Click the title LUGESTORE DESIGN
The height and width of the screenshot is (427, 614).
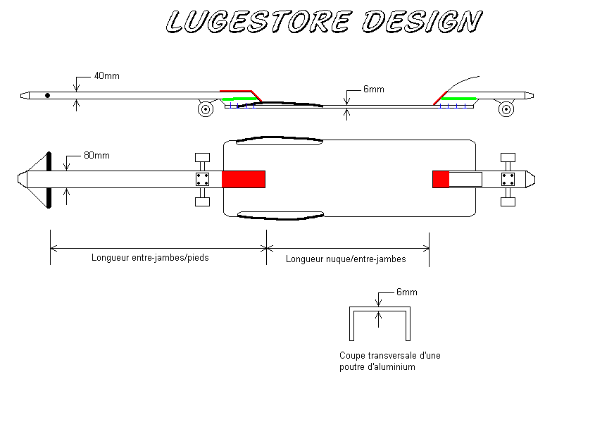click(x=323, y=22)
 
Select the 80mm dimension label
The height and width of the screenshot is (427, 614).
click(x=97, y=156)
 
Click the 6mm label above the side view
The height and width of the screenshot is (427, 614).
click(x=373, y=89)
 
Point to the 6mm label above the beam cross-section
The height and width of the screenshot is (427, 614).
click(x=407, y=292)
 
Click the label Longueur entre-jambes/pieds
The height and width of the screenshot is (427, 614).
click(x=150, y=258)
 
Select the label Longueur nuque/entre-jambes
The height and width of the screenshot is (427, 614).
click(x=346, y=259)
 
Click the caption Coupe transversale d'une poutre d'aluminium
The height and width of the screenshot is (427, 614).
click(x=389, y=361)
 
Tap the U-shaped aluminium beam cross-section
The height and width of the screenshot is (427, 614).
click(x=380, y=323)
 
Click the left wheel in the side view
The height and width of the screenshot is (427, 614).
click(x=206, y=109)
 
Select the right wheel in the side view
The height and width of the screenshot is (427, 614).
click(x=505, y=109)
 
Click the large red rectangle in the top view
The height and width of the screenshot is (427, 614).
click(x=244, y=179)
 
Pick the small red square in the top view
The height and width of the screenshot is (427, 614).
click(x=441, y=179)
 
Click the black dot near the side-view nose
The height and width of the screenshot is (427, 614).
click(x=47, y=95)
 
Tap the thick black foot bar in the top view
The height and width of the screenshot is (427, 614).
click(x=49, y=180)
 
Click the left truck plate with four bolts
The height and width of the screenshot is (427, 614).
click(x=202, y=179)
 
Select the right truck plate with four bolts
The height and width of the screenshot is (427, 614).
click(x=507, y=179)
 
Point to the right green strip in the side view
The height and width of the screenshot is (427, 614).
click(x=461, y=98)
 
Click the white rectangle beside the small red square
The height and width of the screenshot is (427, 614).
click(x=465, y=179)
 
